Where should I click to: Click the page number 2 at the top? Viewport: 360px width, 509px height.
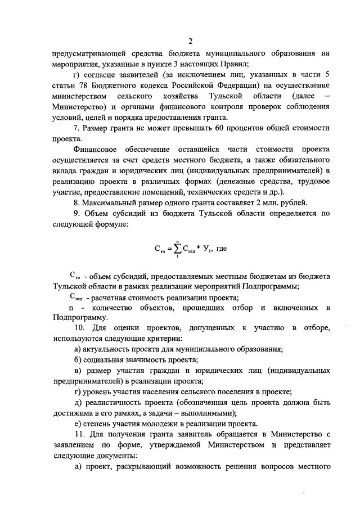[x=190, y=41]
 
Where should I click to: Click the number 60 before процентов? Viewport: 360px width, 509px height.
[x=214, y=128]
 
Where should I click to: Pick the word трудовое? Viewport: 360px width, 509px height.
[x=310, y=181]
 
